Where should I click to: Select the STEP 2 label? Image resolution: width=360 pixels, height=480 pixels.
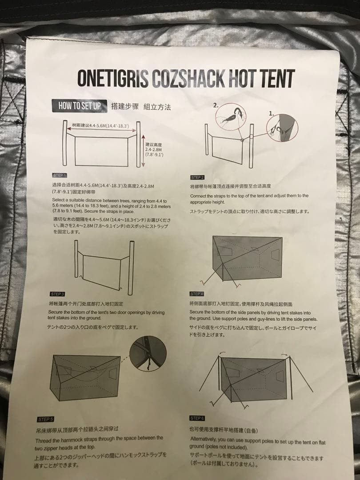197,177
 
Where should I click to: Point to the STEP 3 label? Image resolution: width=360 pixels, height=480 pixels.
58,294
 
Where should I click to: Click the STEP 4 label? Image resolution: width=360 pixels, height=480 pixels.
196,294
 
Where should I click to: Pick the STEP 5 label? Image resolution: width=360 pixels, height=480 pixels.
46,419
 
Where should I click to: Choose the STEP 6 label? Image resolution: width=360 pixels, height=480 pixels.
197,418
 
